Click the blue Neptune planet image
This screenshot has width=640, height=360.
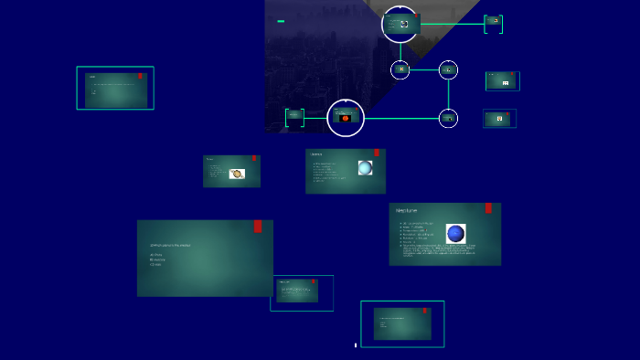click(x=455, y=233)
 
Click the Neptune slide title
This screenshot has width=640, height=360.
click(x=407, y=211)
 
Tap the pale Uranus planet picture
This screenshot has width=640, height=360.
click(x=365, y=168)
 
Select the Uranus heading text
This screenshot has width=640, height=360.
click(x=315, y=154)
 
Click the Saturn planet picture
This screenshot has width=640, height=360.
click(x=237, y=174)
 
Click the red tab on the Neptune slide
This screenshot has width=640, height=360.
click(x=488, y=208)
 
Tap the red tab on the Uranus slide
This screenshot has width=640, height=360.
click(x=377, y=154)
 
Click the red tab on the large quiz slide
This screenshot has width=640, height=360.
click(x=258, y=227)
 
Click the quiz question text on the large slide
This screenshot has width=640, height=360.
click(x=170, y=245)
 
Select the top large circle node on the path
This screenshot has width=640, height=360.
click(x=400, y=24)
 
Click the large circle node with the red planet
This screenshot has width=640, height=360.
click(x=346, y=118)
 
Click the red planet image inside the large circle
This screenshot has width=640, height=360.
click(x=346, y=118)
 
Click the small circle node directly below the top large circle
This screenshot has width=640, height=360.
click(x=400, y=69)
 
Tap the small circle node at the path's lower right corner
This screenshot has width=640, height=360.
click(x=448, y=118)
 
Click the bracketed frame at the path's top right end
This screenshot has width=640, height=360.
click(x=494, y=24)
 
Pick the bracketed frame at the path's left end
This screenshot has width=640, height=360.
click(x=294, y=118)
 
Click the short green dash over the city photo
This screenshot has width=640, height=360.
click(x=281, y=21)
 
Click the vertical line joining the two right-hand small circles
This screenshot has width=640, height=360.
click(x=448, y=93)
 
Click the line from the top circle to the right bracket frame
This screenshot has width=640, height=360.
click(x=453, y=24)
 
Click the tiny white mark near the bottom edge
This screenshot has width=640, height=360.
click(x=356, y=345)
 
